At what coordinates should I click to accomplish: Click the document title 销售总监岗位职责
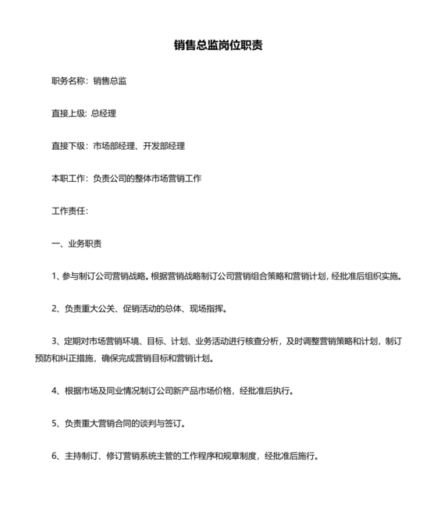(218, 45)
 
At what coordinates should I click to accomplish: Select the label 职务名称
(69, 81)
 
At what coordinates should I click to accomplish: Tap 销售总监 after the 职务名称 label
(110, 81)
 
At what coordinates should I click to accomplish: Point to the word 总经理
(104, 113)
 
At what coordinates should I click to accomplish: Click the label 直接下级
(69, 146)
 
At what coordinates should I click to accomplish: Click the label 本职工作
(69, 179)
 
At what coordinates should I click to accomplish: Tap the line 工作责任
(69, 211)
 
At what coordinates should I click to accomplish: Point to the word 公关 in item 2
(110, 308)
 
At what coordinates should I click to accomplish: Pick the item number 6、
(55, 457)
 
